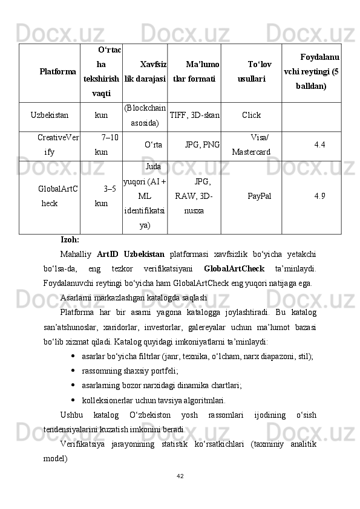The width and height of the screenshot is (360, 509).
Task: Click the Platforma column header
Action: coord(57,72)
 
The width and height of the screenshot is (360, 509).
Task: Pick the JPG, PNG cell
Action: coord(202,145)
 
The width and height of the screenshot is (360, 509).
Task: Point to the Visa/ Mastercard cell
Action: coord(252,145)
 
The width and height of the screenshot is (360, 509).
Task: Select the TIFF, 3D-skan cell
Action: coord(194,114)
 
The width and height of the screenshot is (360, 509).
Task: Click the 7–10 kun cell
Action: coord(106,145)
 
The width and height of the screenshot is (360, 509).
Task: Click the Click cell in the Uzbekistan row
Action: coord(251,114)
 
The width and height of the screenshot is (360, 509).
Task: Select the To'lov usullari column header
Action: coord(251,72)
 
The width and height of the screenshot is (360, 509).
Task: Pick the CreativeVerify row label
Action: coord(57,145)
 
